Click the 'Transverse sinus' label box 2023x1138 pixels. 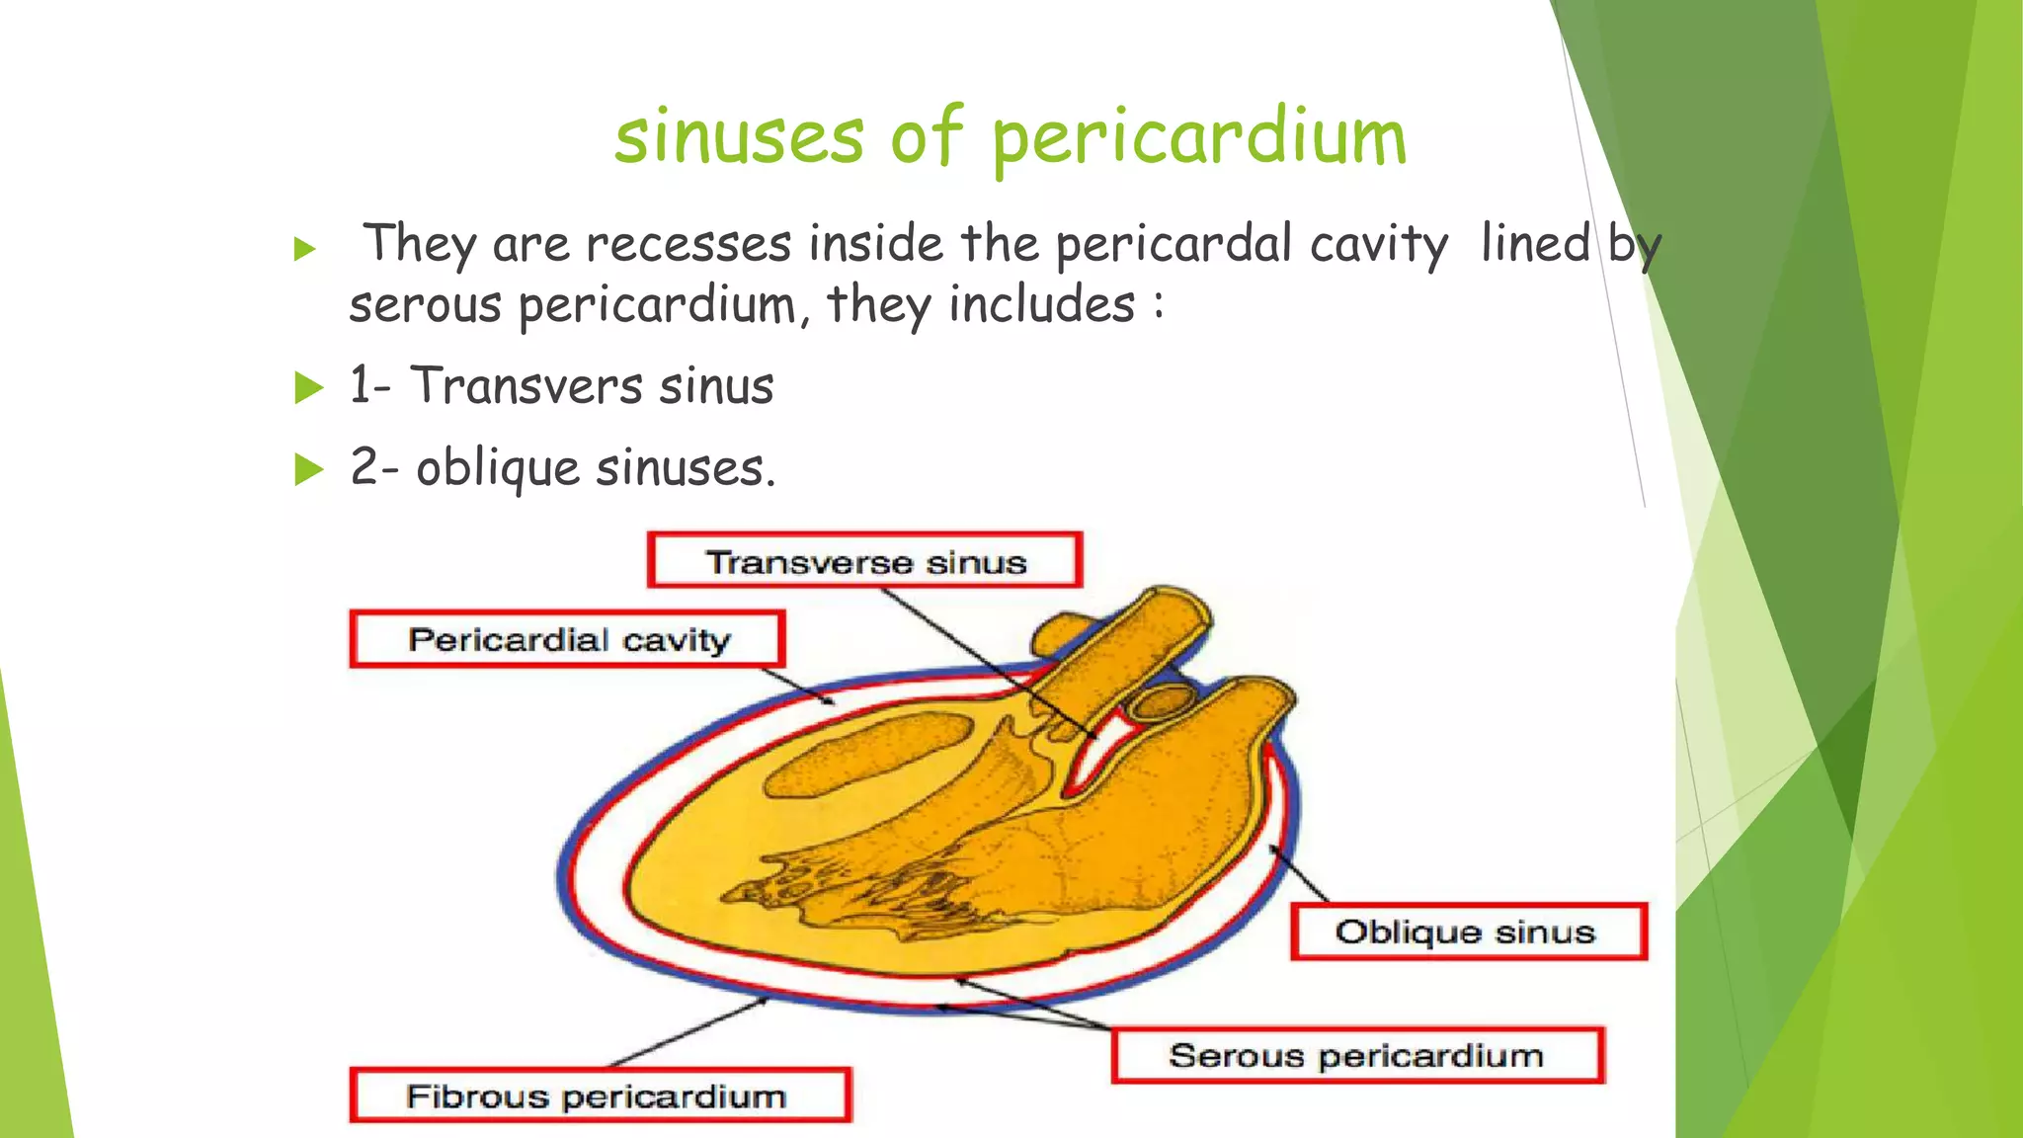click(865, 561)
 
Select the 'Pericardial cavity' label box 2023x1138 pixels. click(568, 639)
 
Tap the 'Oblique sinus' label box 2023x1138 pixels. click(1468, 932)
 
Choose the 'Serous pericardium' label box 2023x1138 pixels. click(1356, 1055)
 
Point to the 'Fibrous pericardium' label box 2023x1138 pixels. click(599, 1096)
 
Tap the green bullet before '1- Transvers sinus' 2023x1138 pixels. click(308, 387)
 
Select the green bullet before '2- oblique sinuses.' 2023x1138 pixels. click(308, 469)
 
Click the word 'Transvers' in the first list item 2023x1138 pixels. click(525, 385)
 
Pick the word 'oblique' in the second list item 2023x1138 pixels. click(497, 467)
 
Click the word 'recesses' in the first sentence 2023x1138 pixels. click(688, 244)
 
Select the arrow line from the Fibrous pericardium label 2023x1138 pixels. click(687, 1032)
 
